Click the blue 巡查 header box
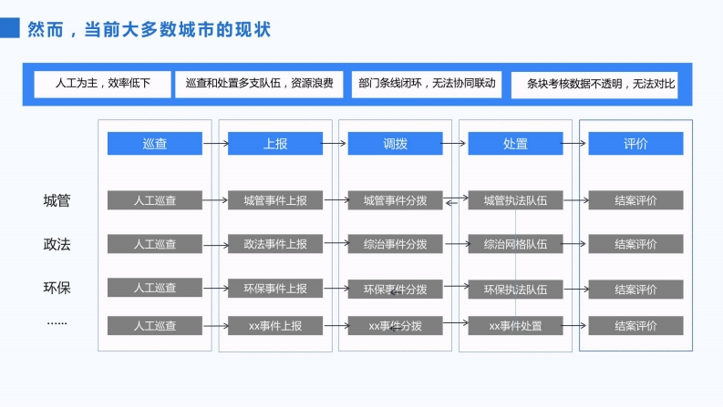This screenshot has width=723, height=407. [155, 143]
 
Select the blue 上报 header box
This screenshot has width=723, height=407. [275, 143]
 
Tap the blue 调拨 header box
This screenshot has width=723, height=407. [395, 143]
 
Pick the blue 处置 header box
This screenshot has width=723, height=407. [515, 143]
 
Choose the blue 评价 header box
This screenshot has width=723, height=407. [635, 143]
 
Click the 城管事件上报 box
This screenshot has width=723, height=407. [275, 200]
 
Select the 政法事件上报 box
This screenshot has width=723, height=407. [275, 244]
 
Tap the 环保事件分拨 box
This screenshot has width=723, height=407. [395, 290]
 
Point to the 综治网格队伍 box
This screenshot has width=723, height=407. [515, 244]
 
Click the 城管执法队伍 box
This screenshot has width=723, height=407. [515, 200]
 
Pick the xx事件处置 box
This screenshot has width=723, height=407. [515, 325]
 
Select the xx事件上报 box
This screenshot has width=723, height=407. [275, 325]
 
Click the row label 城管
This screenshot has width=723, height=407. [57, 200]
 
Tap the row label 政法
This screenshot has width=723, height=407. [57, 244]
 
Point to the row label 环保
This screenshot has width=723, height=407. [57, 288]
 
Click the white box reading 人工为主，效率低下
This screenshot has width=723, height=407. [102, 84]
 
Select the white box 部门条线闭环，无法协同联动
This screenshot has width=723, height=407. [427, 84]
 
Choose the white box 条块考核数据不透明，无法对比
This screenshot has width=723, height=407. [594, 85]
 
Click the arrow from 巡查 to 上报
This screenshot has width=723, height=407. [216, 144]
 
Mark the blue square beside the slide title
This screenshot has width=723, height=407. [10, 27]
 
